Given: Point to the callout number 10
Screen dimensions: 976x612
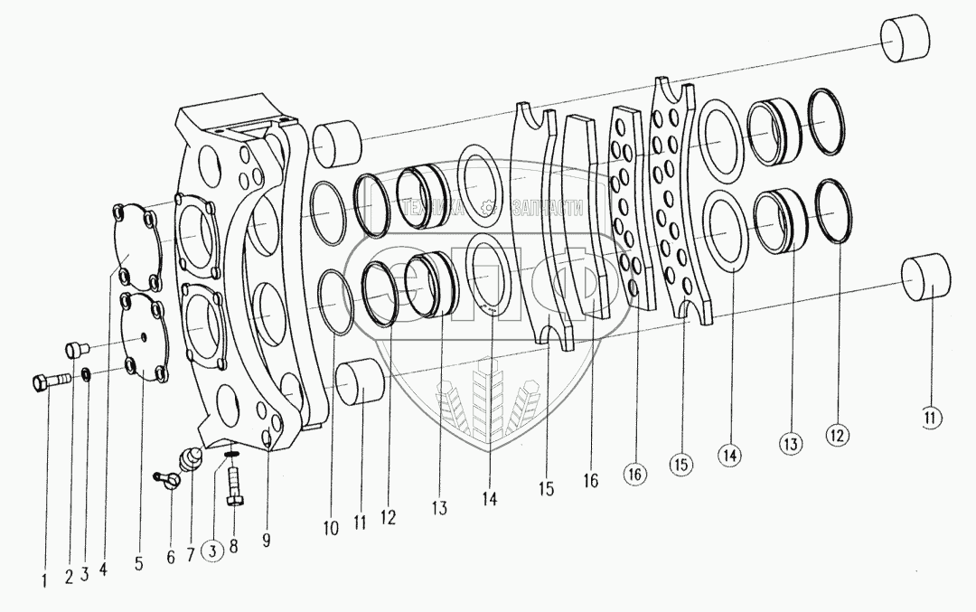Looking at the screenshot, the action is (x=333, y=528).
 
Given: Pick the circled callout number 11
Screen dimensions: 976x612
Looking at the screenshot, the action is (x=932, y=418).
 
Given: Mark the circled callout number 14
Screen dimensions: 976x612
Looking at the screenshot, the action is (x=730, y=457).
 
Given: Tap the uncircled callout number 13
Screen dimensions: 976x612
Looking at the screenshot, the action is (x=439, y=509).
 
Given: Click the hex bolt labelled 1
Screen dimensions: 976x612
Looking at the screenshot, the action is (x=51, y=383).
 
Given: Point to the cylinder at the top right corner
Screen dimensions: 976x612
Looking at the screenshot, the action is (x=904, y=41).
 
